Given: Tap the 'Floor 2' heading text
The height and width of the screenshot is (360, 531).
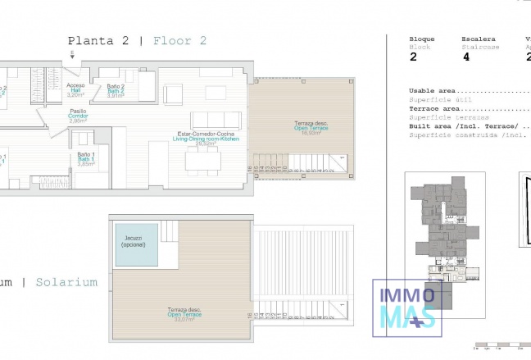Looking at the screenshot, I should click(180, 40).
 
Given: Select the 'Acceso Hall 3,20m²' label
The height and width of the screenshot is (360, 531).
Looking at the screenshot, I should click(75, 90).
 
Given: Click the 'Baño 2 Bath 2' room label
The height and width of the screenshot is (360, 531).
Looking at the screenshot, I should click(115, 90).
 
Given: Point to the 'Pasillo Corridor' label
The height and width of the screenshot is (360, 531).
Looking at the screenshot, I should click(78, 116).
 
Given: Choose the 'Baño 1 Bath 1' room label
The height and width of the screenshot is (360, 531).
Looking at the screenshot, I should click(87, 158).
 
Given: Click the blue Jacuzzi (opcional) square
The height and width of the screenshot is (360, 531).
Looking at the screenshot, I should click(134, 244).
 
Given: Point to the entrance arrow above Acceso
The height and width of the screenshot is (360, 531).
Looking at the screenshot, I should click(72, 56).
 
